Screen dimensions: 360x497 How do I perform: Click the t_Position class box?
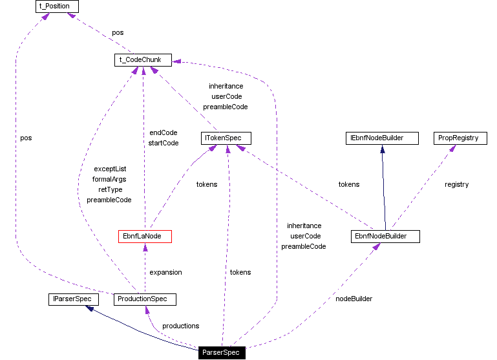click(57, 7)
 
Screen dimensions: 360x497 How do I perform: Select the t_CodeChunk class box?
click(142, 60)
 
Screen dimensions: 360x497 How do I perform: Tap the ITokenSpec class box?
click(226, 138)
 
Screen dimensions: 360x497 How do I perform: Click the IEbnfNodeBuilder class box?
click(382, 138)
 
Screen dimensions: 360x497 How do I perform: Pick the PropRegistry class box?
click(458, 138)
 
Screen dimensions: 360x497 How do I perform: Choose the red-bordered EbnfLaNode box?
click(145, 237)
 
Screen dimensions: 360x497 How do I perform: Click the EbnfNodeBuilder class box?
click(386, 237)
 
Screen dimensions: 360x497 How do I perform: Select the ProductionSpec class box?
click(145, 299)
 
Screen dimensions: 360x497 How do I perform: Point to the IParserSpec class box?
click(74, 299)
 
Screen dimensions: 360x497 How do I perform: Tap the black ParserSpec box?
click(221, 353)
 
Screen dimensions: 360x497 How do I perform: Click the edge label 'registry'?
click(456, 184)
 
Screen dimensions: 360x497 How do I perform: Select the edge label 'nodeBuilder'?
click(354, 299)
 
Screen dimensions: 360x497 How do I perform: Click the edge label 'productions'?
click(180, 326)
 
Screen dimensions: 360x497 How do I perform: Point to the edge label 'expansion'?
click(165, 272)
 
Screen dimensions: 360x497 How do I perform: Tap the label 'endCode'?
click(163, 132)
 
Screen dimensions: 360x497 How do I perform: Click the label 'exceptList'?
click(110, 169)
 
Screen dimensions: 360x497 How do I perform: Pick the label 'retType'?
click(110, 189)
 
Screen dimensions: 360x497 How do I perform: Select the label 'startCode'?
click(163, 143)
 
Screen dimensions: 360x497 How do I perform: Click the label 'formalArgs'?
click(110, 179)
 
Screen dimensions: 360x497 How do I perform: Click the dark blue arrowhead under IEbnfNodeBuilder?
click(383, 149)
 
